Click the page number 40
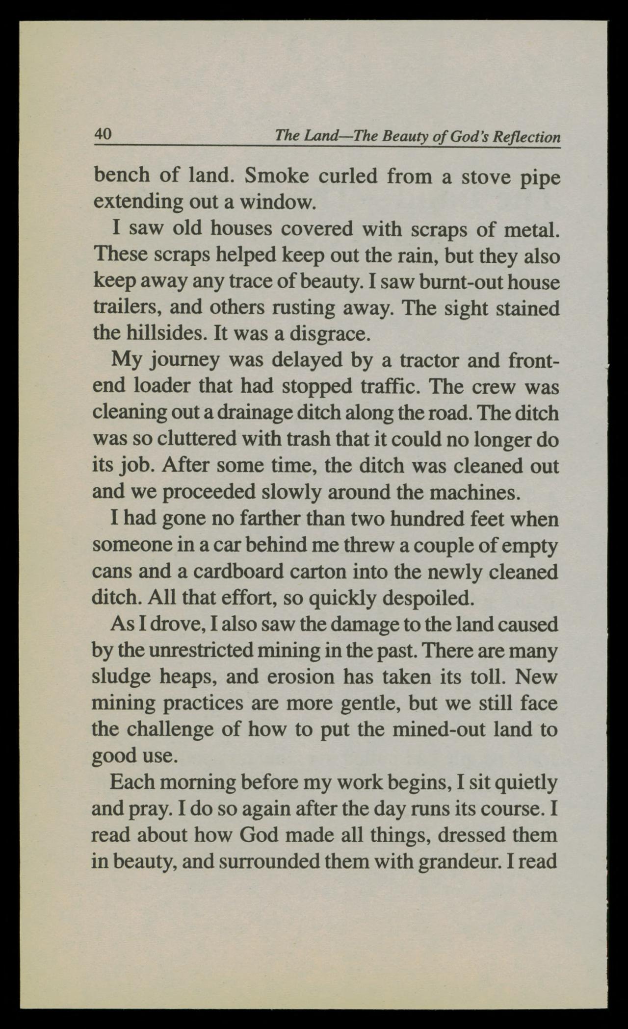[x=104, y=133]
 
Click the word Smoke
[x=275, y=176]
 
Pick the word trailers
[x=117, y=308]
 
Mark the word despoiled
[x=426, y=598]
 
